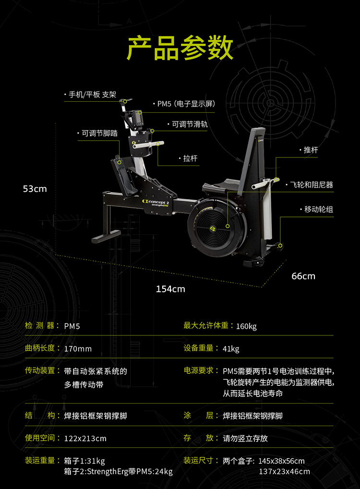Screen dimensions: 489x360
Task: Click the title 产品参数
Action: coord(180,48)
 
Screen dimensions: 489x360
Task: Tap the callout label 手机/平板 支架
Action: coord(92,95)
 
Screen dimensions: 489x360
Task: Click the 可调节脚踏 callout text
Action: coord(99,133)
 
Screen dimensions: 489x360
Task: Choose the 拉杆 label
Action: coord(190,158)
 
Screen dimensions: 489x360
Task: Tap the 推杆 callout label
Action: coord(311,150)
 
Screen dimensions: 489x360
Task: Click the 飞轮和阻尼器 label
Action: coord(312,184)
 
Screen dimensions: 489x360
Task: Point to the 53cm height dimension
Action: coord(35,189)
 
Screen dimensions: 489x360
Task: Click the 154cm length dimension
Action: coord(170,289)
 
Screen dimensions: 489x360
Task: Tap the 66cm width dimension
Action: coord(303,276)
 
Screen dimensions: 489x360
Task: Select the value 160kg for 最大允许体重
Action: coord(246,326)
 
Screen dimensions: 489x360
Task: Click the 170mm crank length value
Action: coord(78,349)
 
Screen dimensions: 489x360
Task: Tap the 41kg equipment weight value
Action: coord(231,349)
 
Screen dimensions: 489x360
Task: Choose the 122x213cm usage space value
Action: coord(85,438)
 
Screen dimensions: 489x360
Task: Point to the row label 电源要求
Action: coord(198,371)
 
